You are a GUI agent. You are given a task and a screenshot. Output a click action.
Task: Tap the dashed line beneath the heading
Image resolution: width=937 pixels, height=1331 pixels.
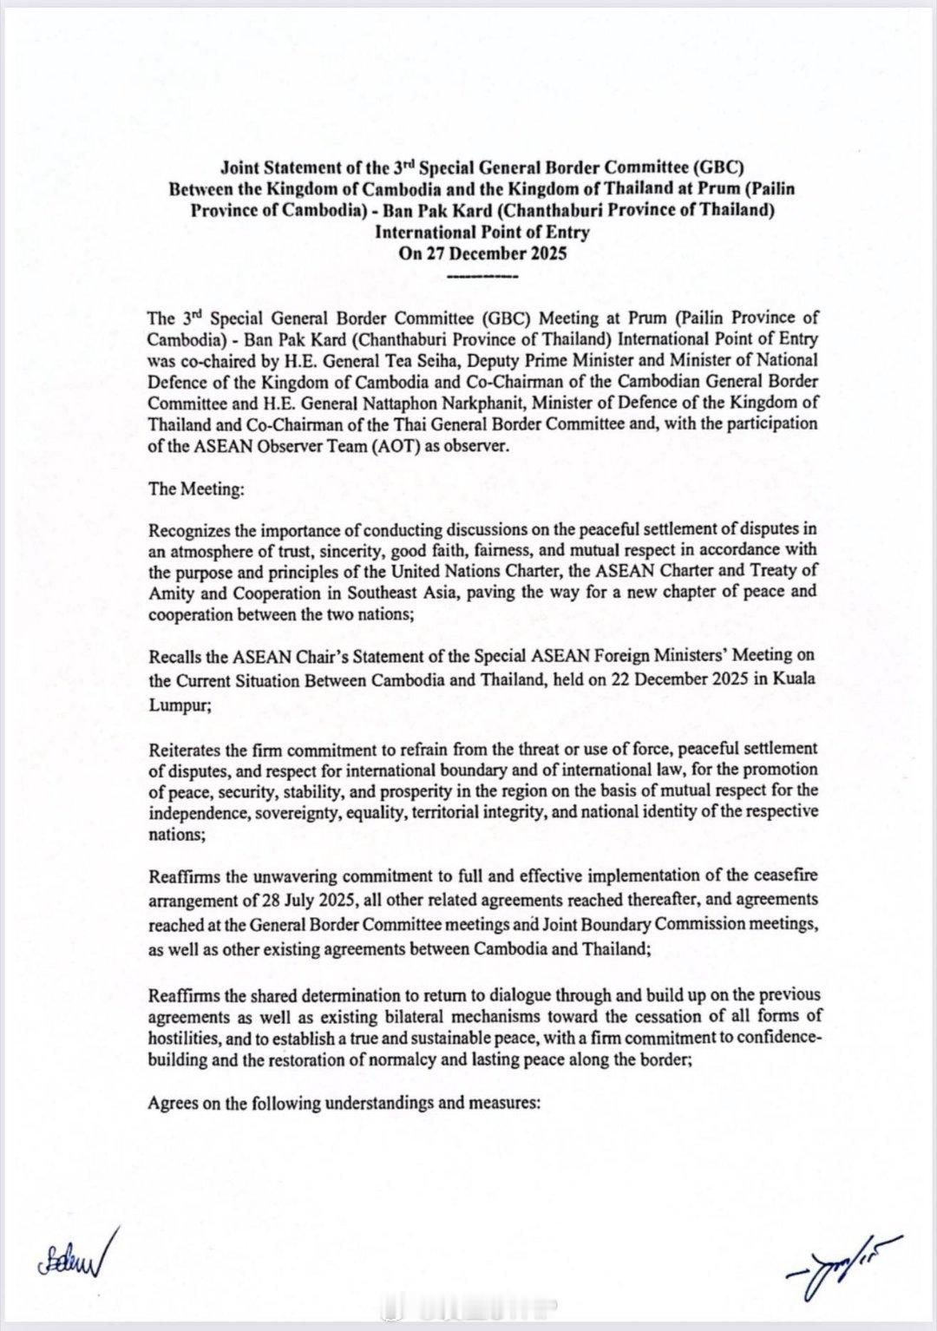[482, 277]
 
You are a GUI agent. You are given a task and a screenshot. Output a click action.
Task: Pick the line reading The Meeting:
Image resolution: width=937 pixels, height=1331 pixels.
[196, 488]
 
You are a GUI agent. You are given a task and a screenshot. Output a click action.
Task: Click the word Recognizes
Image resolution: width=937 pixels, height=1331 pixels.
[189, 529]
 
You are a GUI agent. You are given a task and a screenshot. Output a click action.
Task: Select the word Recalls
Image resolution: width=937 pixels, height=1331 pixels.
[174, 657]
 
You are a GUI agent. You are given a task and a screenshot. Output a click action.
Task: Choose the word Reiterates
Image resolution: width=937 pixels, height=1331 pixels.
[184, 749]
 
